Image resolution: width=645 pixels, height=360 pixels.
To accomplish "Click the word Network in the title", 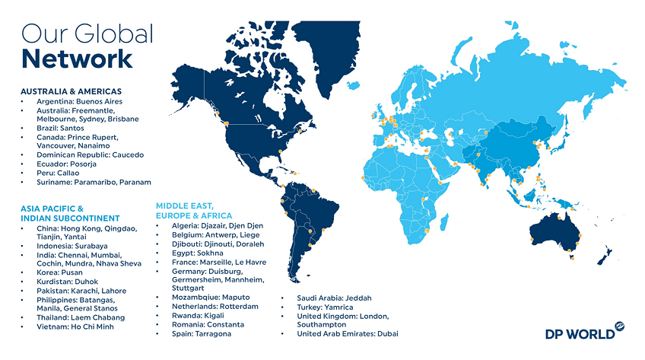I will point(77,58).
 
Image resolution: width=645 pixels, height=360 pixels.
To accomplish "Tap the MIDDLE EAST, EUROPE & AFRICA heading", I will point(194,210).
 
